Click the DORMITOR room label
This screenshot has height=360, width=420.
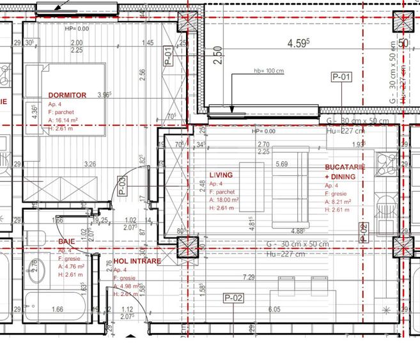(67, 95)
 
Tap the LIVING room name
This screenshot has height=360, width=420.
(221, 175)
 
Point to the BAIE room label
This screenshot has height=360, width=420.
(66, 242)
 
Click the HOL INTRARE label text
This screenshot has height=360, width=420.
(137, 262)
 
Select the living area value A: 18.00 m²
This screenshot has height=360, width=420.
(224, 200)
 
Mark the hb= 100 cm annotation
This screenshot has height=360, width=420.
(268, 71)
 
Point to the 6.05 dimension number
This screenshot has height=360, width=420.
(274, 309)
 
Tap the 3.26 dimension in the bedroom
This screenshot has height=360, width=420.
(90, 164)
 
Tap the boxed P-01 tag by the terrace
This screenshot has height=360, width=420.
(342, 77)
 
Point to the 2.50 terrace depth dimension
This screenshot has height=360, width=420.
(218, 56)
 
